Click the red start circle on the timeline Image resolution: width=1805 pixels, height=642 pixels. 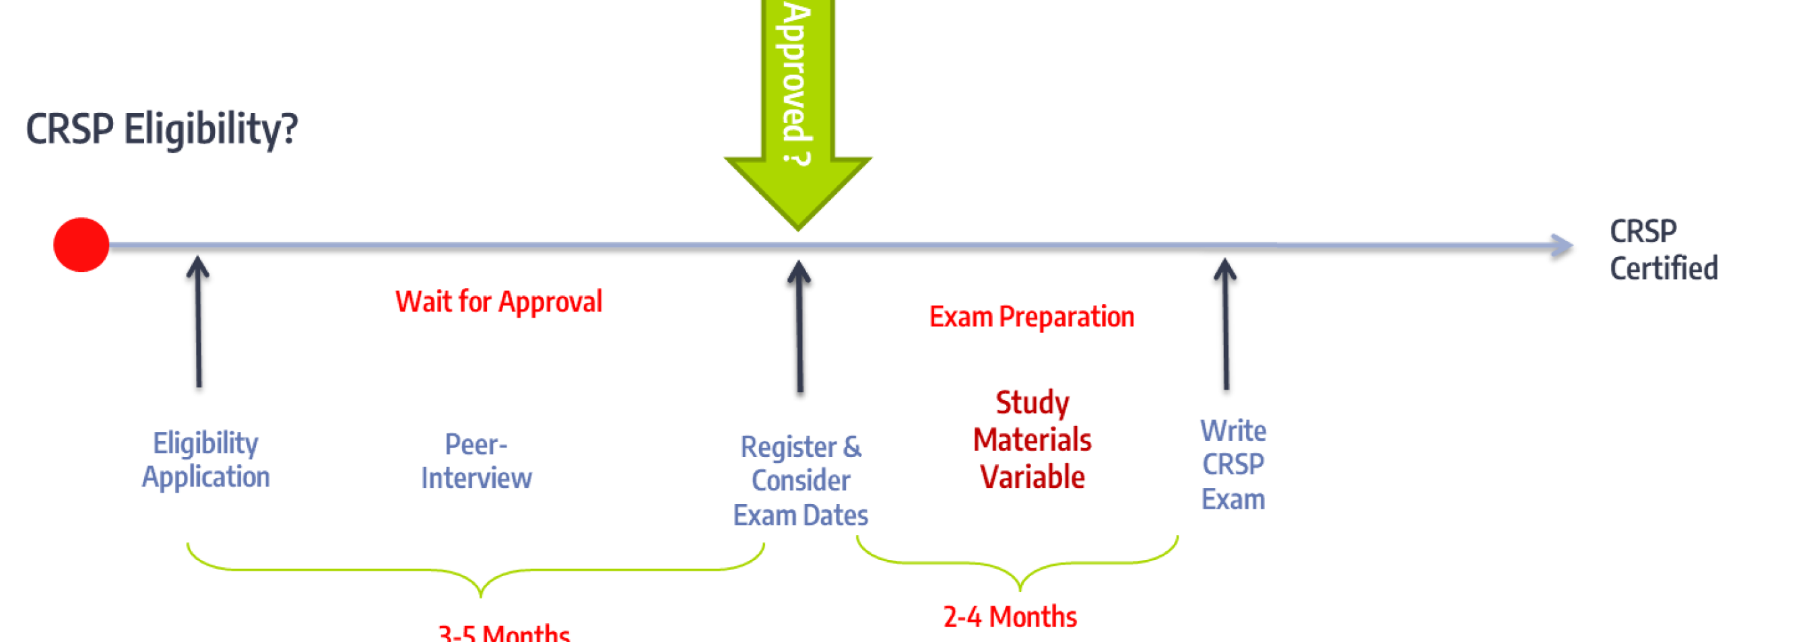click(81, 244)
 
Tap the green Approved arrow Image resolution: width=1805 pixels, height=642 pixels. click(797, 105)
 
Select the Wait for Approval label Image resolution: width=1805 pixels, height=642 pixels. click(498, 301)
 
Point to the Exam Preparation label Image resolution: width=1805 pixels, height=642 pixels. click(1030, 317)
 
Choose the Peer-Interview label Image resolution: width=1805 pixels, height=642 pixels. click(476, 462)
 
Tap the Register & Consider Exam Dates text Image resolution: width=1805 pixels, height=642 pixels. click(800, 481)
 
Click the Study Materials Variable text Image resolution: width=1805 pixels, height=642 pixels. click(1032, 439)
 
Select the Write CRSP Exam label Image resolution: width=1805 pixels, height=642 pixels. click(1233, 465)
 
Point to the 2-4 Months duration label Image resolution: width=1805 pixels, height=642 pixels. click(1010, 617)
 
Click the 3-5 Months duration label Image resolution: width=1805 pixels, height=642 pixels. click(504, 632)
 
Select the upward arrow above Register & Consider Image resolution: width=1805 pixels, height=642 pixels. click(799, 326)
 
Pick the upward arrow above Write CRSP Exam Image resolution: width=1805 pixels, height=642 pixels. click(1226, 324)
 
